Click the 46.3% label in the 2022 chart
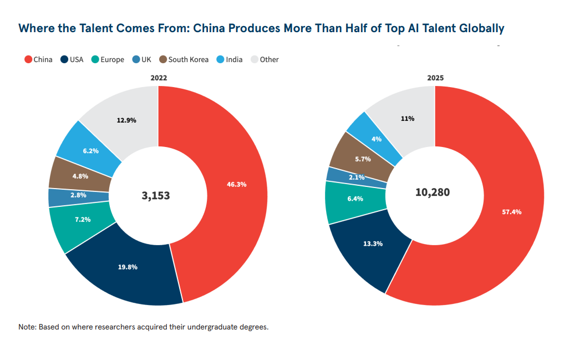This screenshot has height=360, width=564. click(236, 185)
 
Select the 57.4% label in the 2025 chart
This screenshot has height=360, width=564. click(511, 212)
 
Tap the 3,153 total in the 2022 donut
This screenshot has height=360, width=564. click(156, 196)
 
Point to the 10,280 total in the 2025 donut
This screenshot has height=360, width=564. click(433, 192)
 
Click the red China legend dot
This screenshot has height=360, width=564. click(28, 59)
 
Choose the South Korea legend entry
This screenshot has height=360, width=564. click(184, 59)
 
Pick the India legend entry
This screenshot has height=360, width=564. click(230, 59)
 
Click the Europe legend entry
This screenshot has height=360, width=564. click(108, 59)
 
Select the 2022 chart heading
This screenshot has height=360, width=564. click(159, 78)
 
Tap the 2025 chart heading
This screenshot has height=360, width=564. click(435, 78)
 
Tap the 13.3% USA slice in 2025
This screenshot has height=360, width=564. click(372, 248)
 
